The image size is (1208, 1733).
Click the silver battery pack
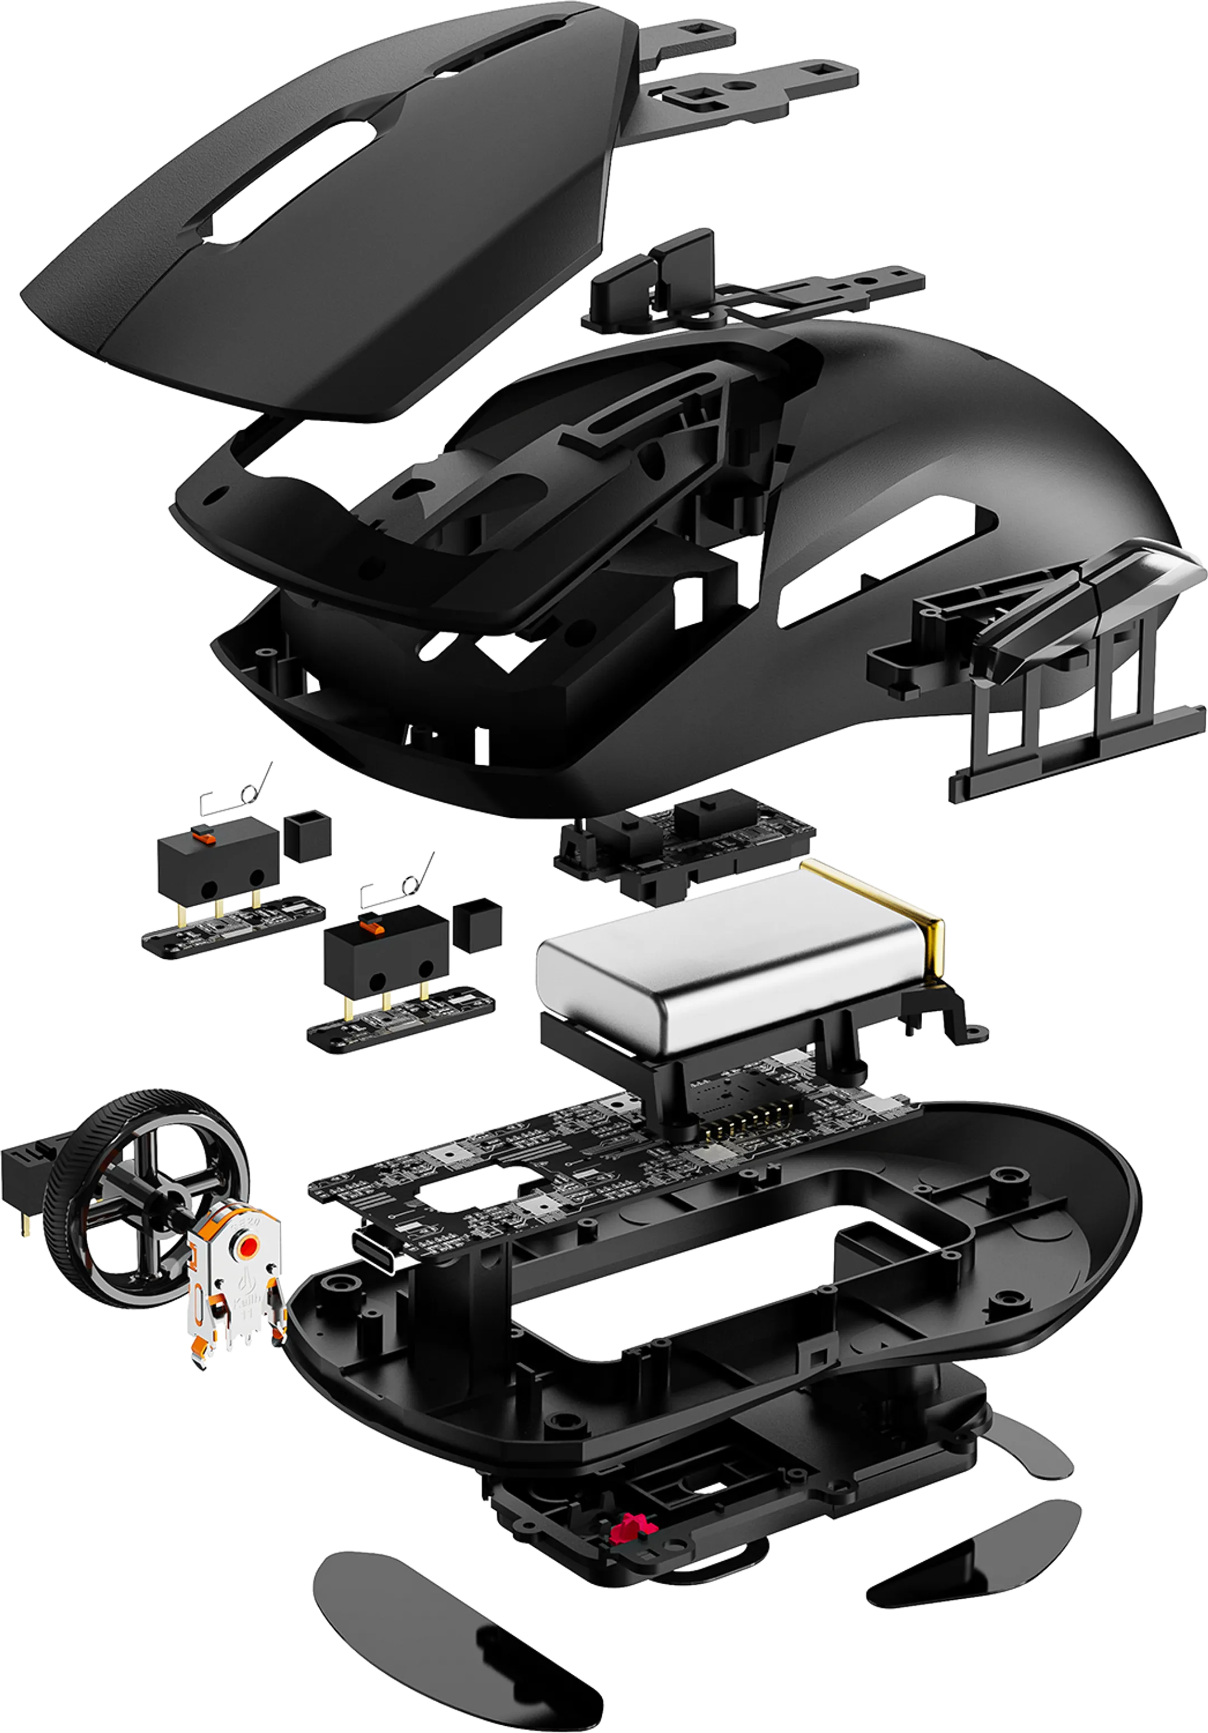(x=724, y=974)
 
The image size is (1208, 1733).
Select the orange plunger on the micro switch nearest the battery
(x=369, y=922)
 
